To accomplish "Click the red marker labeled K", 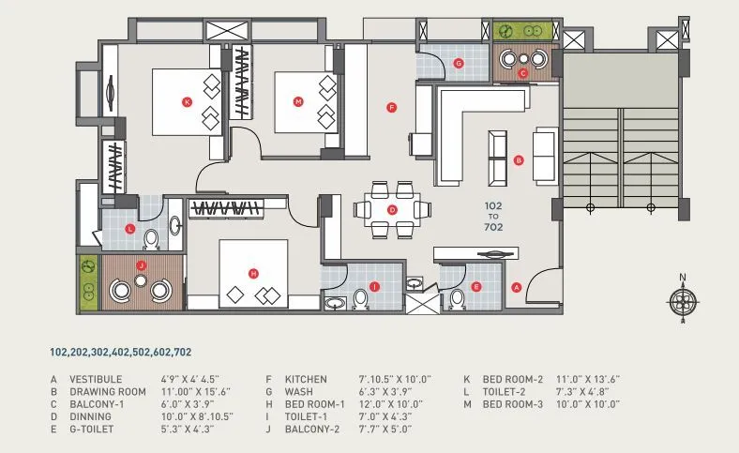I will (187, 101).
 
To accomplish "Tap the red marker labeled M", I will (298, 101).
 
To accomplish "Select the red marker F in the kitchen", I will (392, 108).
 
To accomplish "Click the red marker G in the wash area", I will (458, 64).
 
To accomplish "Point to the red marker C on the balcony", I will (523, 71).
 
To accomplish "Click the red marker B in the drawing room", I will (519, 160).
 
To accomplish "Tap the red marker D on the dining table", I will (392, 209).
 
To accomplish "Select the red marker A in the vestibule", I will (515, 286).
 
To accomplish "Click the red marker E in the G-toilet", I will (476, 286).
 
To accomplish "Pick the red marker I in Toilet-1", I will (374, 286).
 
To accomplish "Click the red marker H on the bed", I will (253, 273).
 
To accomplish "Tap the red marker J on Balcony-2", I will (141, 265).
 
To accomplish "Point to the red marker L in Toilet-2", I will (129, 229).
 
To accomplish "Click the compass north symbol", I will (683, 299).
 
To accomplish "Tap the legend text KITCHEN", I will (306, 379).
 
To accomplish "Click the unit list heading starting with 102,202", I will (121, 353).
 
